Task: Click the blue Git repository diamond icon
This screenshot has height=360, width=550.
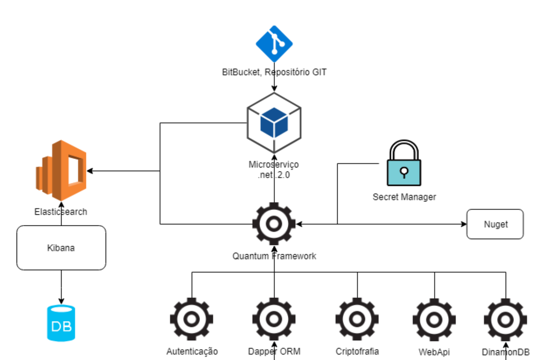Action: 274,44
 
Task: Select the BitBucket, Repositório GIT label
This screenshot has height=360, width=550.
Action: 274,72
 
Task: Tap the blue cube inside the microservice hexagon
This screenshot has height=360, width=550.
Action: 274,122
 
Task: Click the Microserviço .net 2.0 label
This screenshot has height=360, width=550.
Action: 274,170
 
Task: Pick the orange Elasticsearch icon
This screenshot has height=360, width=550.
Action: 61,170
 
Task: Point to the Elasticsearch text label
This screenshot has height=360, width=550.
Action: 61,212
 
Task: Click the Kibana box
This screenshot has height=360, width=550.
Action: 61,248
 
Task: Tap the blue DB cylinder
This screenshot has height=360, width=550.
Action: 61,323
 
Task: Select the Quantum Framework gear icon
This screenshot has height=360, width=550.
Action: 274,224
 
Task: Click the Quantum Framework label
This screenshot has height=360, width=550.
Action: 274,256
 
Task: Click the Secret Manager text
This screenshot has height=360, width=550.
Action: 404,197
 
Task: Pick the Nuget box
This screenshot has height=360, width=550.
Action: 495,224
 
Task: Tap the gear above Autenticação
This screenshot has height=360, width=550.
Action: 192,319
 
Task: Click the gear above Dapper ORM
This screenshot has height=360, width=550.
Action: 274,319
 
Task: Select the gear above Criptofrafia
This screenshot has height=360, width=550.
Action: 357,319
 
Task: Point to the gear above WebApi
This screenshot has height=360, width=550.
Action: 434,320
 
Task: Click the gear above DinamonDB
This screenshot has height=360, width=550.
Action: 505,320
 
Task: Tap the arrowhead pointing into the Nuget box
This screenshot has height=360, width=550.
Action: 464,224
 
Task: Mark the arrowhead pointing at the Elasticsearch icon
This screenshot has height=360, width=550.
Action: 90,171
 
